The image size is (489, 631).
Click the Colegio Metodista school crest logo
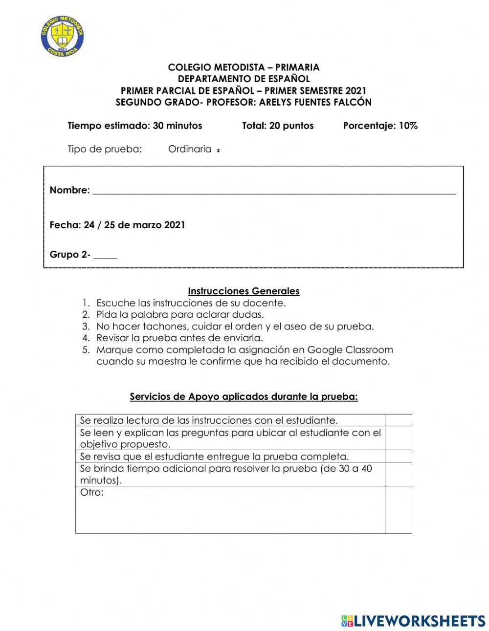[62, 36]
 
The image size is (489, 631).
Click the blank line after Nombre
[274, 191]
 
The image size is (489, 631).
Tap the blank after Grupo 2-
[105, 255]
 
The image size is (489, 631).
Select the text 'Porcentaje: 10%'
[380, 126]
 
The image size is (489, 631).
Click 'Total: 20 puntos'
[278, 126]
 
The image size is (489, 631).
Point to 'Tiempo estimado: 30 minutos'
[134, 126]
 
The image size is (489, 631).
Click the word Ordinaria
[190, 149]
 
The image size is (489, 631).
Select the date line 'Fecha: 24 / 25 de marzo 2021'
[117, 225]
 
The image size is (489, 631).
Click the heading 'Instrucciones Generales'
[244, 291]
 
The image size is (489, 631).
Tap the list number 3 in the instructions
[86, 326]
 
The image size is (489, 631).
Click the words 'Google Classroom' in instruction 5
[350, 350]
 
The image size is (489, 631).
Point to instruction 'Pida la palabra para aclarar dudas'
[179, 315]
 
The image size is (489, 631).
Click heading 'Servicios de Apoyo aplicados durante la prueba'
[244, 397]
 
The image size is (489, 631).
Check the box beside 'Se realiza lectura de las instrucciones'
[398, 420]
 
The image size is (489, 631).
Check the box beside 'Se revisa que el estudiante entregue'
[398, 457]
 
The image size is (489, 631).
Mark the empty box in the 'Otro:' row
[398, 509]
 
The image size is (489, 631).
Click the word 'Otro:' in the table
[92, 493]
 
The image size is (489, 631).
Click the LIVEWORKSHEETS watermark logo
[413, 621]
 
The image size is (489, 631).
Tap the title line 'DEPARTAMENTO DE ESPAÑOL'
[244, 79]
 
